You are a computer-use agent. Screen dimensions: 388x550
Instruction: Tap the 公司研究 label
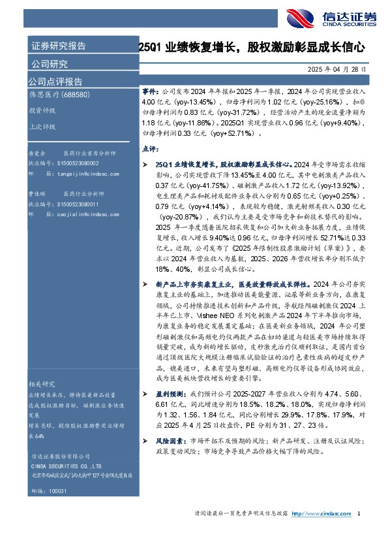[49, 64]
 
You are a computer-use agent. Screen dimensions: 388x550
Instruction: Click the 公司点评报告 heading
[55, 82]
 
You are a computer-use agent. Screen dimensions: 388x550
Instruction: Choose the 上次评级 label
[41, 127]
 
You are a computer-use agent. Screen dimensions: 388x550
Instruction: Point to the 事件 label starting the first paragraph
[149, 94]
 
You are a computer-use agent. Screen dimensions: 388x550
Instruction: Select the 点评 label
[149, 149]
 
